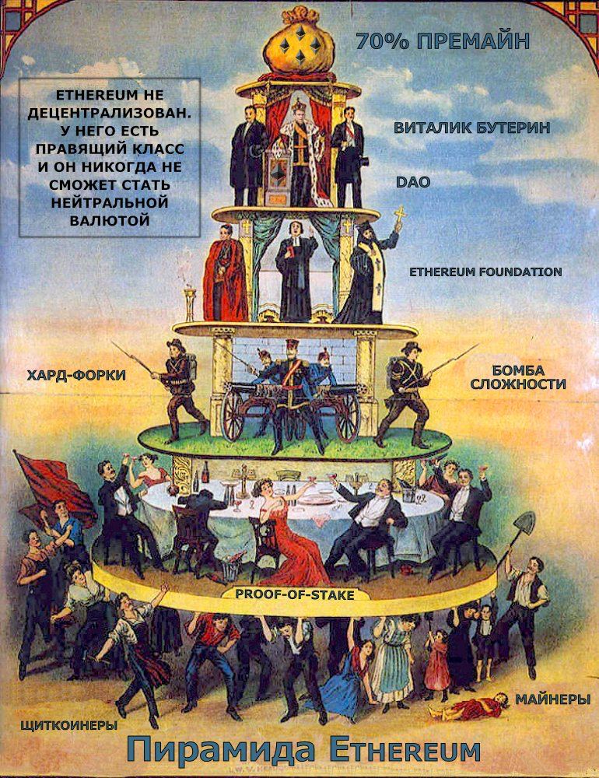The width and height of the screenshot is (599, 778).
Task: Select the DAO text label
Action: tap(412, 182)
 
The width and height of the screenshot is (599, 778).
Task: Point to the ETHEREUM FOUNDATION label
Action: tap(485, 272)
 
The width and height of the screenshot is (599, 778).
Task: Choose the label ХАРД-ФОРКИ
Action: tap(76, 376)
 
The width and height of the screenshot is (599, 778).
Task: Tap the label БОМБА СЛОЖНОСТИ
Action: tap(517, 377)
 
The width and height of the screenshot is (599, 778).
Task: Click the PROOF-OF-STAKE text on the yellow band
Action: tap(294, 595)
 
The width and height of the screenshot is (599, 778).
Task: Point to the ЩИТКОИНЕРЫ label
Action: tap(69, 726)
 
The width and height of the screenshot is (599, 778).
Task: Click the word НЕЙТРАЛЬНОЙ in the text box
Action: tap(109, 202)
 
